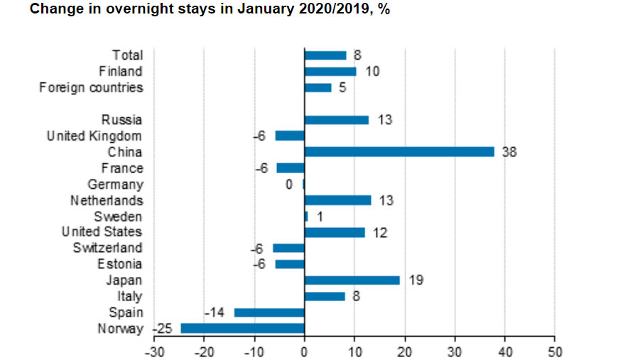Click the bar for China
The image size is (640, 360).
point(399,151)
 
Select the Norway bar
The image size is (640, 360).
point(242,328)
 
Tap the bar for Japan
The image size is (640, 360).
point(352,280)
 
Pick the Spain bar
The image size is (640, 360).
point(269,312)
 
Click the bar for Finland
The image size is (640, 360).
point(330,71)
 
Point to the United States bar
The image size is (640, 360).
point(334,232)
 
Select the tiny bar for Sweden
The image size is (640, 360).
point(306,216)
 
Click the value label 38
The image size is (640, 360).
point(509,152)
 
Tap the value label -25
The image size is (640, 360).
point(163,329)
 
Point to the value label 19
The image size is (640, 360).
point(416,280)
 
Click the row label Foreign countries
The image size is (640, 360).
point(91,87)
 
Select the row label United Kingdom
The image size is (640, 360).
point(94,136)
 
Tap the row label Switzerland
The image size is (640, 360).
point(107,248)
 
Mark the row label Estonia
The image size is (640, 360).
point(119,264)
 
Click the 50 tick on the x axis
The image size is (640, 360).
point(555,351)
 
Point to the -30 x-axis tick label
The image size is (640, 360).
point(153,351)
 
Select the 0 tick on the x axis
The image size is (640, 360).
point(305,351)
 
